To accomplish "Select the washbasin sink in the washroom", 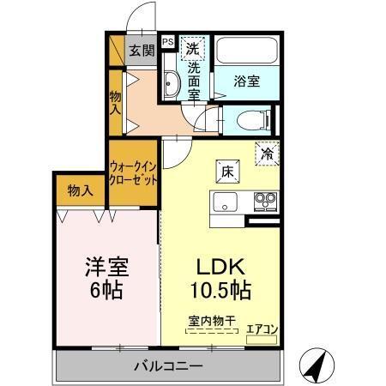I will point(169,85).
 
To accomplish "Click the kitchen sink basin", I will point(225,204).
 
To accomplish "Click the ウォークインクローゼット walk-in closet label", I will point(133,174).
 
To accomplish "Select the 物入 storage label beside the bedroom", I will point(80,190).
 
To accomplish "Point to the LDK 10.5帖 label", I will point(220,278).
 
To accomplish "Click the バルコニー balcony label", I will point(167,367).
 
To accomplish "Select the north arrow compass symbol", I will point(318,366).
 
